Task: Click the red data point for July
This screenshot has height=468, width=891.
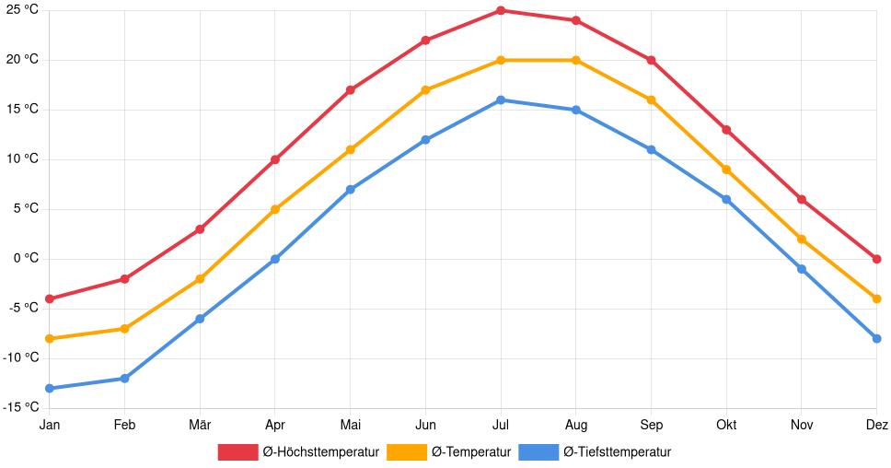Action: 501,10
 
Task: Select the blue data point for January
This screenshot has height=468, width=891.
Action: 50,388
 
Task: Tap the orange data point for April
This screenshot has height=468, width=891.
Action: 275,209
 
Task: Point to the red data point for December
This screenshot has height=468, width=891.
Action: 876,259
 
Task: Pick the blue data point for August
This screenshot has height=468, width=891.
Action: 576,110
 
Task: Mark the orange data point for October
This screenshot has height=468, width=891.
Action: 726,170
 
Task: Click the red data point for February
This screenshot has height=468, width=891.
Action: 124,279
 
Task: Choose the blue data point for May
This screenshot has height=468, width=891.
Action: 351,189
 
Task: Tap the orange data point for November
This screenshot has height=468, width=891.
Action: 802,240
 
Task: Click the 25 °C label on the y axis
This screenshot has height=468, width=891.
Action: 22,10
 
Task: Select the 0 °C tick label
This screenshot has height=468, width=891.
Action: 25,259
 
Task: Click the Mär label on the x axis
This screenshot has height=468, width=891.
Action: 200,425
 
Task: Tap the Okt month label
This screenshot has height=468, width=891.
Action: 726,425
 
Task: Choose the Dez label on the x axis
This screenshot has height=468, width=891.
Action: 876,425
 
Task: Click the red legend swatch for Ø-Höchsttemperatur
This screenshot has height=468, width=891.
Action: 237,451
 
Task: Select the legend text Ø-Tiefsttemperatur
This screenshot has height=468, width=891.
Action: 617,451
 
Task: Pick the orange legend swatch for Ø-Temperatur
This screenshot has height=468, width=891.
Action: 406,451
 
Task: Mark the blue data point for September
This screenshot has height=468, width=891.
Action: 651,149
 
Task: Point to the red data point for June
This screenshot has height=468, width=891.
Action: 425,41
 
